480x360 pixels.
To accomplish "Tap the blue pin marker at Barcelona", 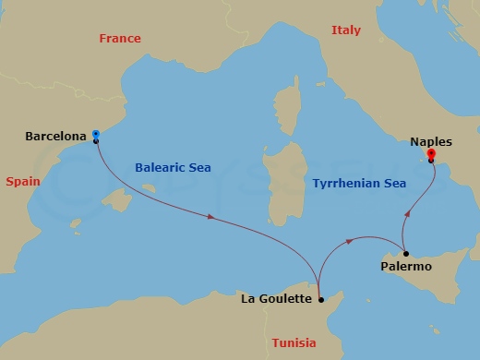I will tap(96, 136).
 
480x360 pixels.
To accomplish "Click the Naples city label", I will tap(431, 142).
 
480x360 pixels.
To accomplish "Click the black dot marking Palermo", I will tap(404, 252).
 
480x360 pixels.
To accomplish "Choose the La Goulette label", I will tap(275, 298).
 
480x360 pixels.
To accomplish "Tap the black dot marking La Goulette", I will tap(320, 299).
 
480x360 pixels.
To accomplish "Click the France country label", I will tap(119, 38).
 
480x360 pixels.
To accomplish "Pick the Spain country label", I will tap(23, 182).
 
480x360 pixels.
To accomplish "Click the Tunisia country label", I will tap(294, 342).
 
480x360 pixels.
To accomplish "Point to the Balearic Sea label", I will tap(173, 168).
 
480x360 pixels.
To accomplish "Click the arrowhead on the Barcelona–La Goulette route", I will tap(213, 218).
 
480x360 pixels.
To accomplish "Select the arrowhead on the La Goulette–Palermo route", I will tap(348, 242).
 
